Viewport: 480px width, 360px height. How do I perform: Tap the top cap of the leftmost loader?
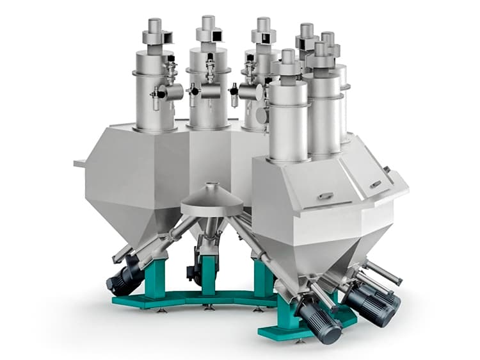click(x=153, y=26)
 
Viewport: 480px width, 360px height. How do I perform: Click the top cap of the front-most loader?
click(x=287, y=56)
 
